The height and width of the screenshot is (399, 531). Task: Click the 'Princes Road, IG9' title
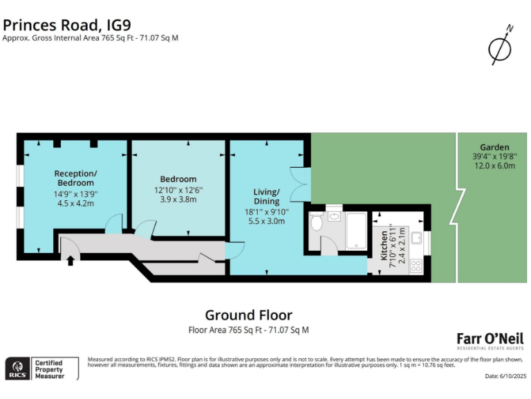click(76, 24)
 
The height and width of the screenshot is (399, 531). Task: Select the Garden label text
click(494, 148)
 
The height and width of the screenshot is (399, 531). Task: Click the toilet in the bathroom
click(317, 223)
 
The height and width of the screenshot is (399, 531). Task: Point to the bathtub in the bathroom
click(357, 231)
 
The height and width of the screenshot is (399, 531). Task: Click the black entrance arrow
click(70, 260)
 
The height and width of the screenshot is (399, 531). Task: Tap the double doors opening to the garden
click(298, 184)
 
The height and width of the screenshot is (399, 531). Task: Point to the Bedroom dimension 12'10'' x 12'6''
click(178, 189)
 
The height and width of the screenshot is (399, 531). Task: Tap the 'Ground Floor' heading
click(248, 316)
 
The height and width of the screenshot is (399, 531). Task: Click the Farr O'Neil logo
click(490, 340)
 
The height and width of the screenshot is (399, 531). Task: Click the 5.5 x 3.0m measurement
click(266, 222)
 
